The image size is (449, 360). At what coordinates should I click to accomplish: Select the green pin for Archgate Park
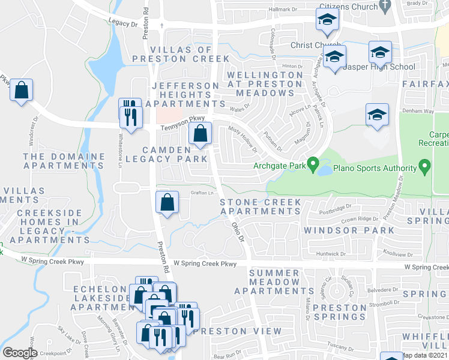click(x=312, y=164)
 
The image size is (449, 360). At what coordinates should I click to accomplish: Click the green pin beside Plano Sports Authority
click(x=424, y=164)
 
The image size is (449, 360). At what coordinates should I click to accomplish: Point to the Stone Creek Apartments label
click(x=261, y=206)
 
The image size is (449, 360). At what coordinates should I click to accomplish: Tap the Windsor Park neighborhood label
click(x=349, y=230)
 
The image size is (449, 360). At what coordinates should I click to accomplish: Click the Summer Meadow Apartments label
click(x=274, y=282)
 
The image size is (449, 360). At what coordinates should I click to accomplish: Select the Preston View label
click(x=237, y=331)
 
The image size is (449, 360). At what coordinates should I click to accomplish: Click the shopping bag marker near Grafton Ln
click(x=167, y=202)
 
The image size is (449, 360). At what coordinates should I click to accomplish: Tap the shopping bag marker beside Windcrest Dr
click(x=22, y=91)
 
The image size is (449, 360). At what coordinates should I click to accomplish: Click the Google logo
click(x=20, y=353)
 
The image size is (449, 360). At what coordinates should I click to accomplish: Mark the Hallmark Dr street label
click(x=283, y=10)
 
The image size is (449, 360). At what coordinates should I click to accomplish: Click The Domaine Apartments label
click(x=64, y=160)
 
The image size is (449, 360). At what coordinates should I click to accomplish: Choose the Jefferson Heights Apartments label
click(x=185, y=95)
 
